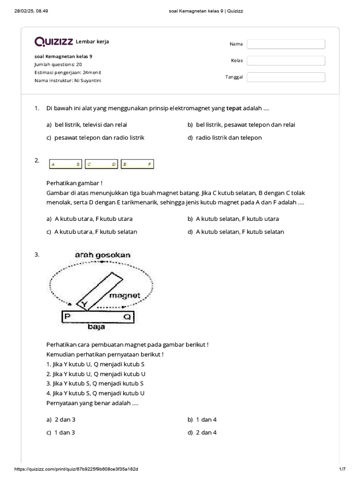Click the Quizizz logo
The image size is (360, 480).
53,42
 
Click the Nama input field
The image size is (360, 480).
286,44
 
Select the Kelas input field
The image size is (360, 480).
286,60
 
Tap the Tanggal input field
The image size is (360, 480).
286,77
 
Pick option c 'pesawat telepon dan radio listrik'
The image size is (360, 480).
96,137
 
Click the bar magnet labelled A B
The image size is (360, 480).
66,164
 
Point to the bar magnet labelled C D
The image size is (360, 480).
101,164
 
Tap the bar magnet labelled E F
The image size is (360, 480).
137,164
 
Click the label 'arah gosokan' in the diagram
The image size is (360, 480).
103,255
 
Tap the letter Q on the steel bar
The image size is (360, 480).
127,317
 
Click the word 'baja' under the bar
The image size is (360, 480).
96,327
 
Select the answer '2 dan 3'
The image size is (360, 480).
61,420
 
